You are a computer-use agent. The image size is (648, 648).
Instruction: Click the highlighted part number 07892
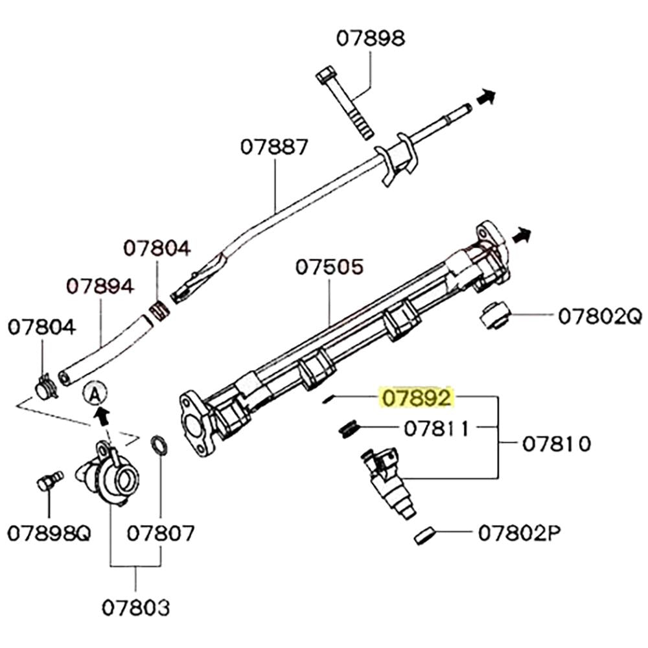click(416, 398)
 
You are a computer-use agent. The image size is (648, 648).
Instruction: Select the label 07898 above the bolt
click(370, 39)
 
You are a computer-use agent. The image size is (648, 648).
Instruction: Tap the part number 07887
click(274, 147)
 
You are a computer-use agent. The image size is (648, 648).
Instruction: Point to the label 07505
click(330, 267)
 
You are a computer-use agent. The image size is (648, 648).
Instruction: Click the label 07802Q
click(599, 316)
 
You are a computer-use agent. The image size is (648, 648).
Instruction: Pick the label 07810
click(557, 444)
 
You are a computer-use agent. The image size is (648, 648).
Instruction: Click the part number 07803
click(136, 607)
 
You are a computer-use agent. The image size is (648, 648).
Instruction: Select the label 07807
click(161, 533)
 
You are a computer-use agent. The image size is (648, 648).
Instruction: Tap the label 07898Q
click(49, 533)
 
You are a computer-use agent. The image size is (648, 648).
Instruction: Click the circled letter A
click(95, 393)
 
